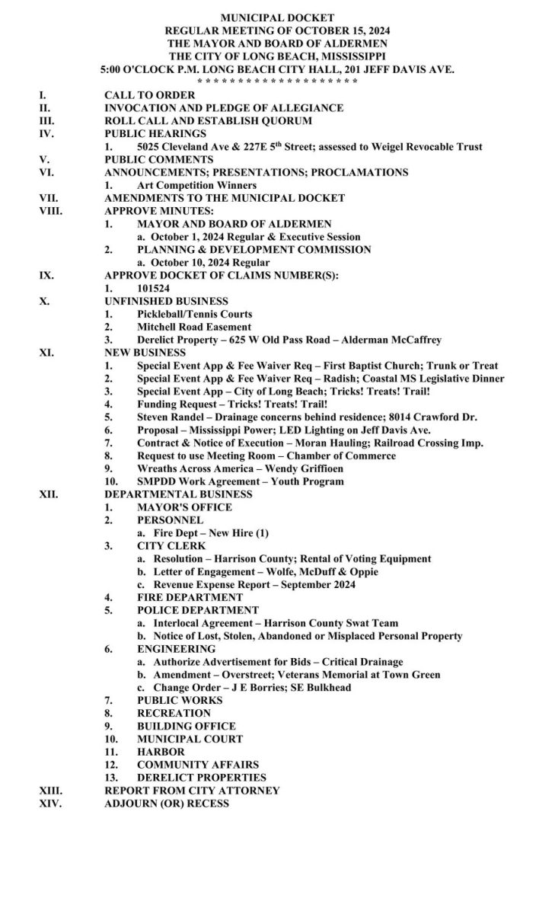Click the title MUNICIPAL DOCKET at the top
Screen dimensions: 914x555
(x=277, y=17)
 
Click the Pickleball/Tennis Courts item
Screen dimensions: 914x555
(x=194, y=315)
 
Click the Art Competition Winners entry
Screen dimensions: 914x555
(x=196, y=186)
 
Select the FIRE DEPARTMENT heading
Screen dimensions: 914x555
(x=190, y=598)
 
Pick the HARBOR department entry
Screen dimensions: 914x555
(x=161, y=752)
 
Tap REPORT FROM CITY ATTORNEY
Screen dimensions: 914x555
(x=192, y=791)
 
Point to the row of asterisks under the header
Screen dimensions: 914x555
(x=277, y=81)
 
